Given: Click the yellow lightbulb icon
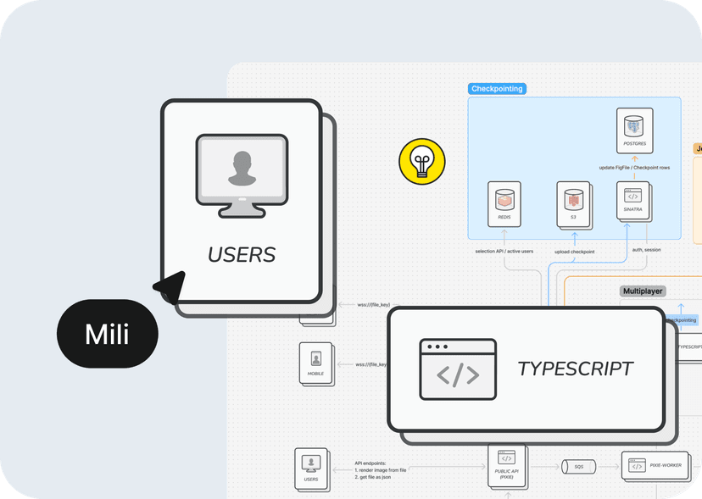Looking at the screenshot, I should (421, 160).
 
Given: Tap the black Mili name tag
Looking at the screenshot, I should (108, 334).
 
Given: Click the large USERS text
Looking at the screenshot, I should (242, 253).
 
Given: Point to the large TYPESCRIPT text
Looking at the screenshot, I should (575, 369).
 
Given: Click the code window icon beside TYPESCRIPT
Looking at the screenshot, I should (458, 369).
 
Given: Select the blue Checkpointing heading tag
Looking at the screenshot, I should (497, 88).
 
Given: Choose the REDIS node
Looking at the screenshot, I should (504, 203).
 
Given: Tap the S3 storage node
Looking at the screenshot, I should (573, 203).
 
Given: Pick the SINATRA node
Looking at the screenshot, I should (633, 202).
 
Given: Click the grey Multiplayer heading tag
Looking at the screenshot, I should (643, 291).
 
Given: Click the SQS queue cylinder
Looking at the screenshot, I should (578, 467).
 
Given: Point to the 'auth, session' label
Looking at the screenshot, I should (647, 250).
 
